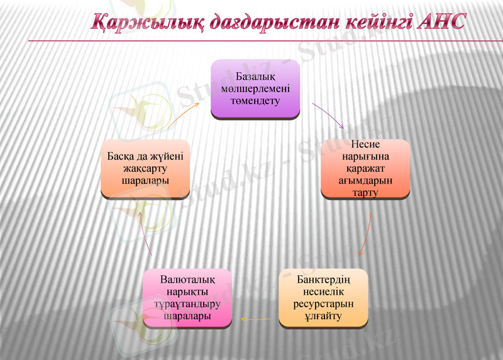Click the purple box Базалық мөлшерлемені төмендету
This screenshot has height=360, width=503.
pyautogui.click(x=255, y=89)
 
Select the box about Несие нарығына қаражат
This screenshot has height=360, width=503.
pyautogui.click(x=365, y=168)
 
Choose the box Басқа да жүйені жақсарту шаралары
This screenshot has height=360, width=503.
pyautogui.click(x=145, y=168)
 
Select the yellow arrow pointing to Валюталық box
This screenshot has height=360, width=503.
pyautogui.click(x=256, y=319)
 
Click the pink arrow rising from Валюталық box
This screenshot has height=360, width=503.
pyautogui.click(x=145, y=232)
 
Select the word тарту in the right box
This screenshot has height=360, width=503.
pyautogui.click(x=365, y=192)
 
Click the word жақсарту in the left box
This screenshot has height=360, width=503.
pyautogui.click(x=145, y=168)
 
